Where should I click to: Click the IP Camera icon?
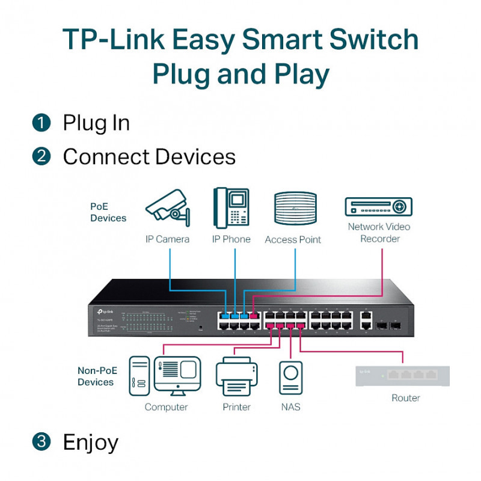(168, 208)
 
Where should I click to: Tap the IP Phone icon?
(231, 207)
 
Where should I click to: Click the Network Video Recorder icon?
(378, 207)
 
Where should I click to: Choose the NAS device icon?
(291, 378)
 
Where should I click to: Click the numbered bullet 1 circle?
(41, 123)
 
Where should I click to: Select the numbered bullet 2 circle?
(41, 157)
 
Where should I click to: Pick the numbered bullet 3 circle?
(41, 442)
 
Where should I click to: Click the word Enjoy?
(91, 442)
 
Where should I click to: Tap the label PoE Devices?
(108, 212)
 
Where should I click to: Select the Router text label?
(406, 398)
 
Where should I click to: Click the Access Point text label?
(293, 239)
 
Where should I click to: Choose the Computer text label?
(166, 407)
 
